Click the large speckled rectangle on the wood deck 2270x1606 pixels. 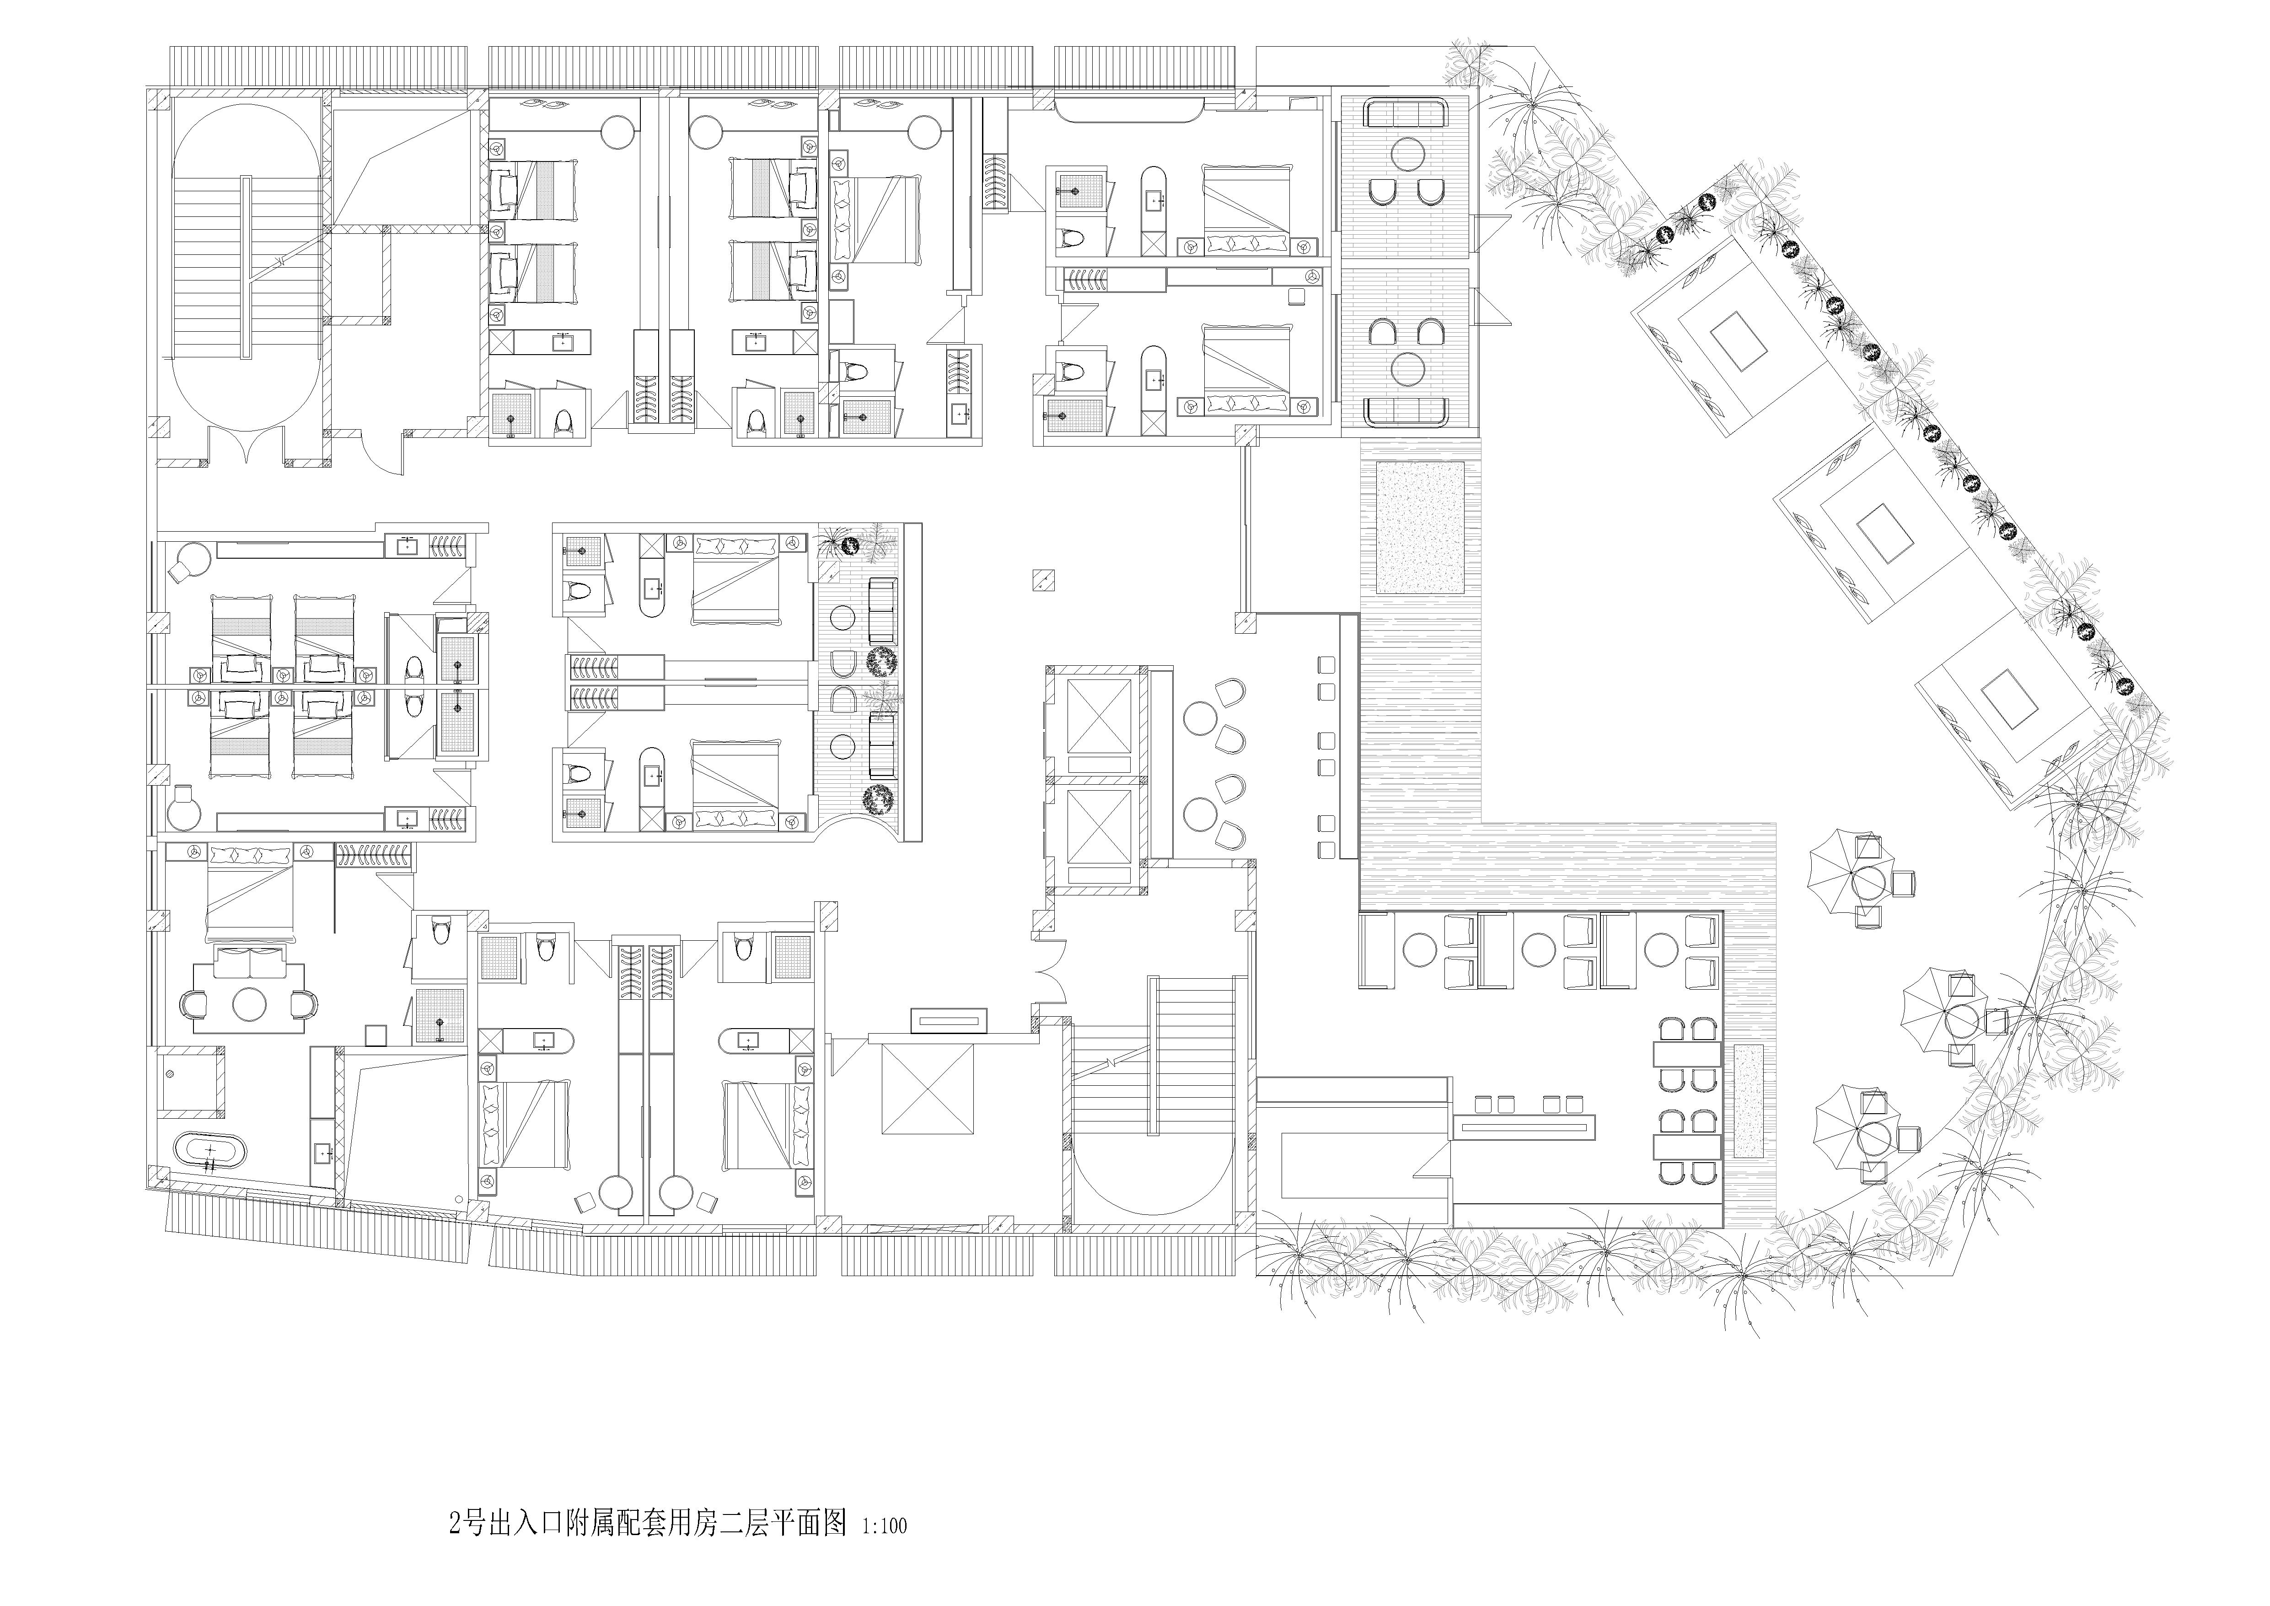(x=1421, y=529)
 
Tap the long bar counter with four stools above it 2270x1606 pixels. (x=1525, y=1124)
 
